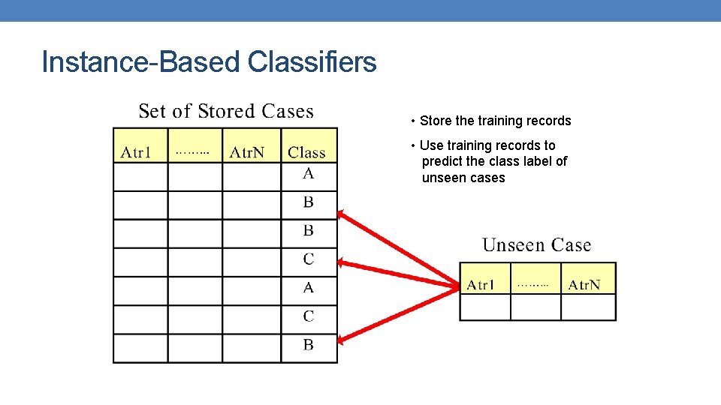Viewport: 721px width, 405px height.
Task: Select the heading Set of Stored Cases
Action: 225,112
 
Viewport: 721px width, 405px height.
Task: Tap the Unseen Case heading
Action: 536,245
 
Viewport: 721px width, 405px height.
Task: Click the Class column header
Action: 306,152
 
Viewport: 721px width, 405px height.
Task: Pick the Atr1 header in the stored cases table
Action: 136,153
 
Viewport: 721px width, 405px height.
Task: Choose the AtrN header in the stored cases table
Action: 247,153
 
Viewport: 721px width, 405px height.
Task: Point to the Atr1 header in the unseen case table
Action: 481,285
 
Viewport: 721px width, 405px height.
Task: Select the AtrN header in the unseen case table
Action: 584,285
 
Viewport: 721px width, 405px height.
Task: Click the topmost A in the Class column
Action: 308,174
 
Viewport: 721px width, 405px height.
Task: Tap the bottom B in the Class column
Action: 308,345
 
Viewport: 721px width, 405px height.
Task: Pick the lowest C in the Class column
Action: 308,316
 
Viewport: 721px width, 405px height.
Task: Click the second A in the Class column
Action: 308,288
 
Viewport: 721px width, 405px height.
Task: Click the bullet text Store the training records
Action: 495,121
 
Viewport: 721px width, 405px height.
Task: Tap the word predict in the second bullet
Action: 444,161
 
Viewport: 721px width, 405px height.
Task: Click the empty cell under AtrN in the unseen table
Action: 588,307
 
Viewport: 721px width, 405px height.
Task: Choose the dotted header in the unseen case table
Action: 532,285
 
